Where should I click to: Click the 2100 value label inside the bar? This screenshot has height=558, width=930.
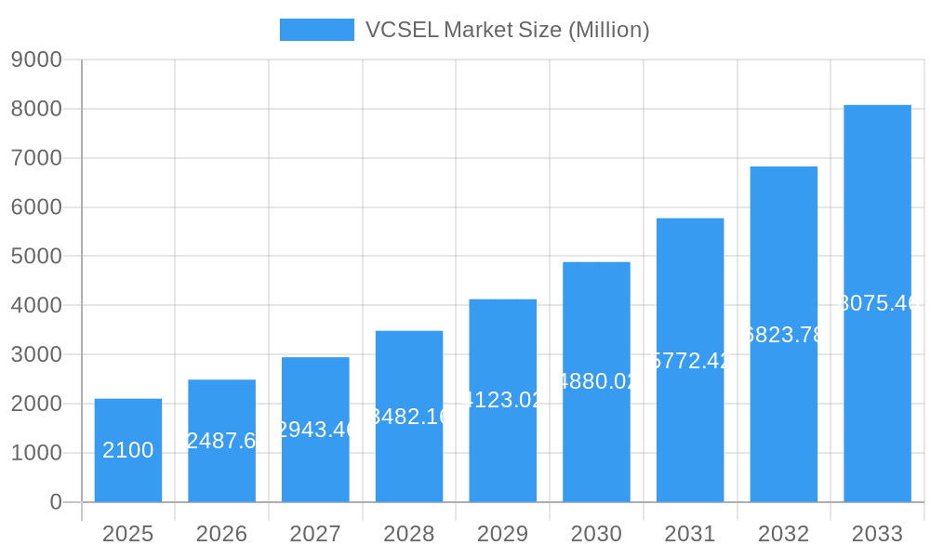[x=128, y=450]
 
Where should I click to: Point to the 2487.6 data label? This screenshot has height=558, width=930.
[x=222, y=441]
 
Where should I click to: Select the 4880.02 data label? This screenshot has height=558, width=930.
[x=596, y=381]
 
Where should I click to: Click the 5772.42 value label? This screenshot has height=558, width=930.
[x=690, y=360]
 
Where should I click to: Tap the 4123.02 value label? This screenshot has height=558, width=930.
[x=503, y=400]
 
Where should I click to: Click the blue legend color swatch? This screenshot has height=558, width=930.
[x=316, y=30]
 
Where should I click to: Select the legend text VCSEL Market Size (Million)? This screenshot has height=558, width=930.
[x=507, y=30]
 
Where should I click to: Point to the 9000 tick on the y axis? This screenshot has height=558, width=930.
[x=36, y=60]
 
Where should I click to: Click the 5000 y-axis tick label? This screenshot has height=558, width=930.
[x=36, y=257]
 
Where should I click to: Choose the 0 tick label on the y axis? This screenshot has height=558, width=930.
[x=55, y=502]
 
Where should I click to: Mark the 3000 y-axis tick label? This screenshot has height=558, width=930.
[x=36, y=355]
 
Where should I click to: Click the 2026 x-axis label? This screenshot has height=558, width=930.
[x=222, y=534]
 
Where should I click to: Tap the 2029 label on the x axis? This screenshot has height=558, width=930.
[x=503, y=534]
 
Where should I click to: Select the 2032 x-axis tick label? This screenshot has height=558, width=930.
[x=784, y=534]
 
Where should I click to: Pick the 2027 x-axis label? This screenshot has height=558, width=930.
[x=315, y=534]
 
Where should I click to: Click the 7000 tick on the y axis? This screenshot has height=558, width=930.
[x=36, y=158]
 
